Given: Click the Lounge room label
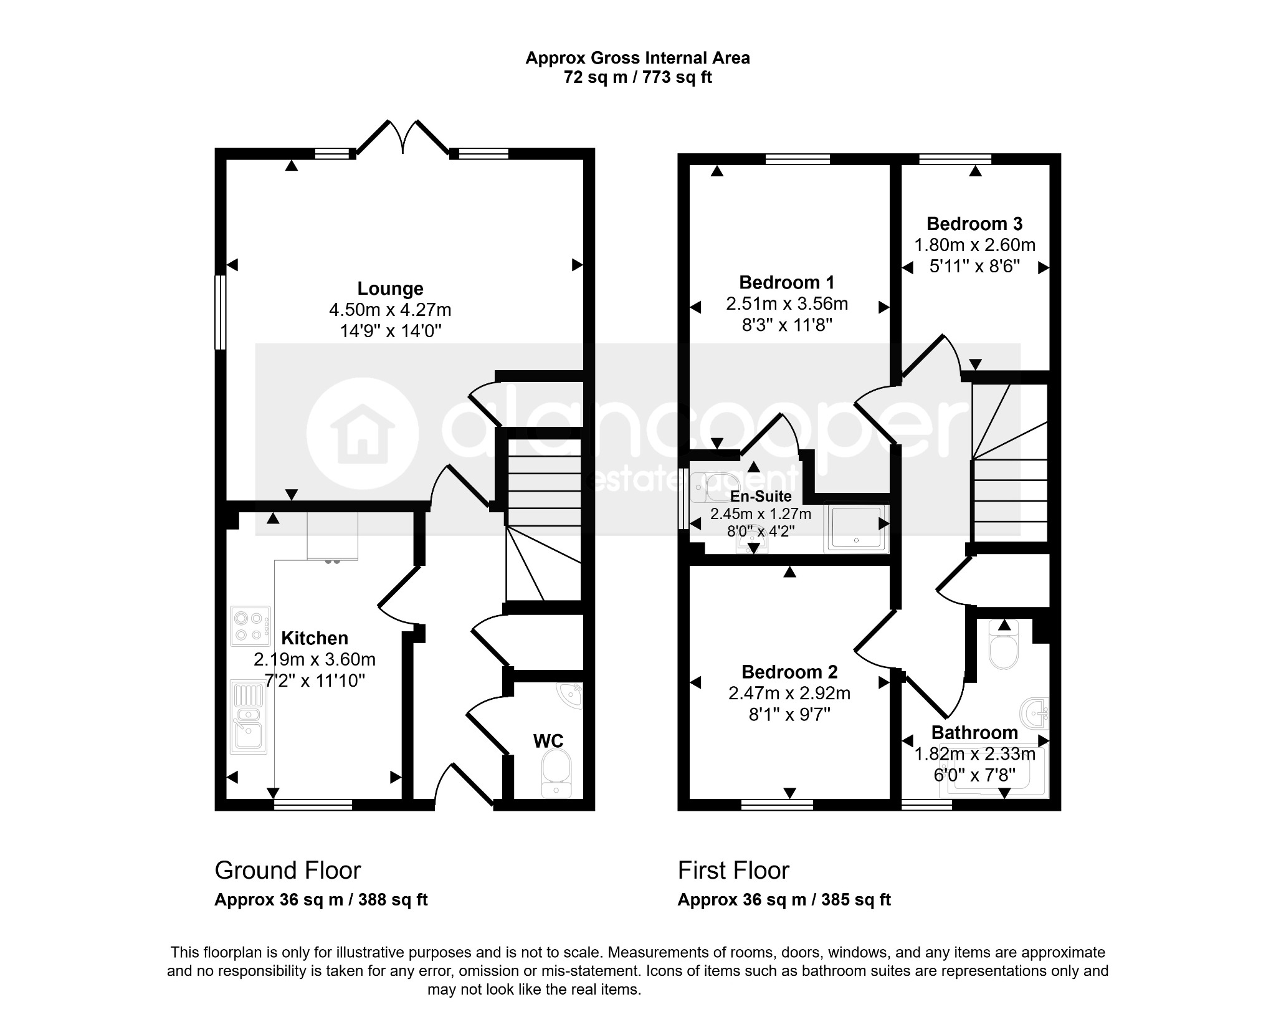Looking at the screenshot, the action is coord(390,289).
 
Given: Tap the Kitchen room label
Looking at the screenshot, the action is coord(315,638).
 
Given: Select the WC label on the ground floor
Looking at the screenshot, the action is coord(548,741).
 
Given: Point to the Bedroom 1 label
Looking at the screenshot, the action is coord(786,282).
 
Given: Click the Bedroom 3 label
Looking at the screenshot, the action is coord(974,224).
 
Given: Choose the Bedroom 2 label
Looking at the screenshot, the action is coord(789,672).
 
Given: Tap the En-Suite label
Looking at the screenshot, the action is coord(761,496).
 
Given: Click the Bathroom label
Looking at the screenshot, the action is coord(974,733).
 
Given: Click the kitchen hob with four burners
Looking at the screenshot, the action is coord(250,626).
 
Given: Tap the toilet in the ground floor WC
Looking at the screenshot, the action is coord(556,773).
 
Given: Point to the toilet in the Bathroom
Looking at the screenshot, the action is coord(1003,645).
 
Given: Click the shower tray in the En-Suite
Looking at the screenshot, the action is coord(856,528).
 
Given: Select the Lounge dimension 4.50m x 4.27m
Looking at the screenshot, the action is coord(390,310).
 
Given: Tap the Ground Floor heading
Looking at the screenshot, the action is coord(288,871).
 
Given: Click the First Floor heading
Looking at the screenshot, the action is coord(733,871).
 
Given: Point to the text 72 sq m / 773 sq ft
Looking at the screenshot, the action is coord(637,77).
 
